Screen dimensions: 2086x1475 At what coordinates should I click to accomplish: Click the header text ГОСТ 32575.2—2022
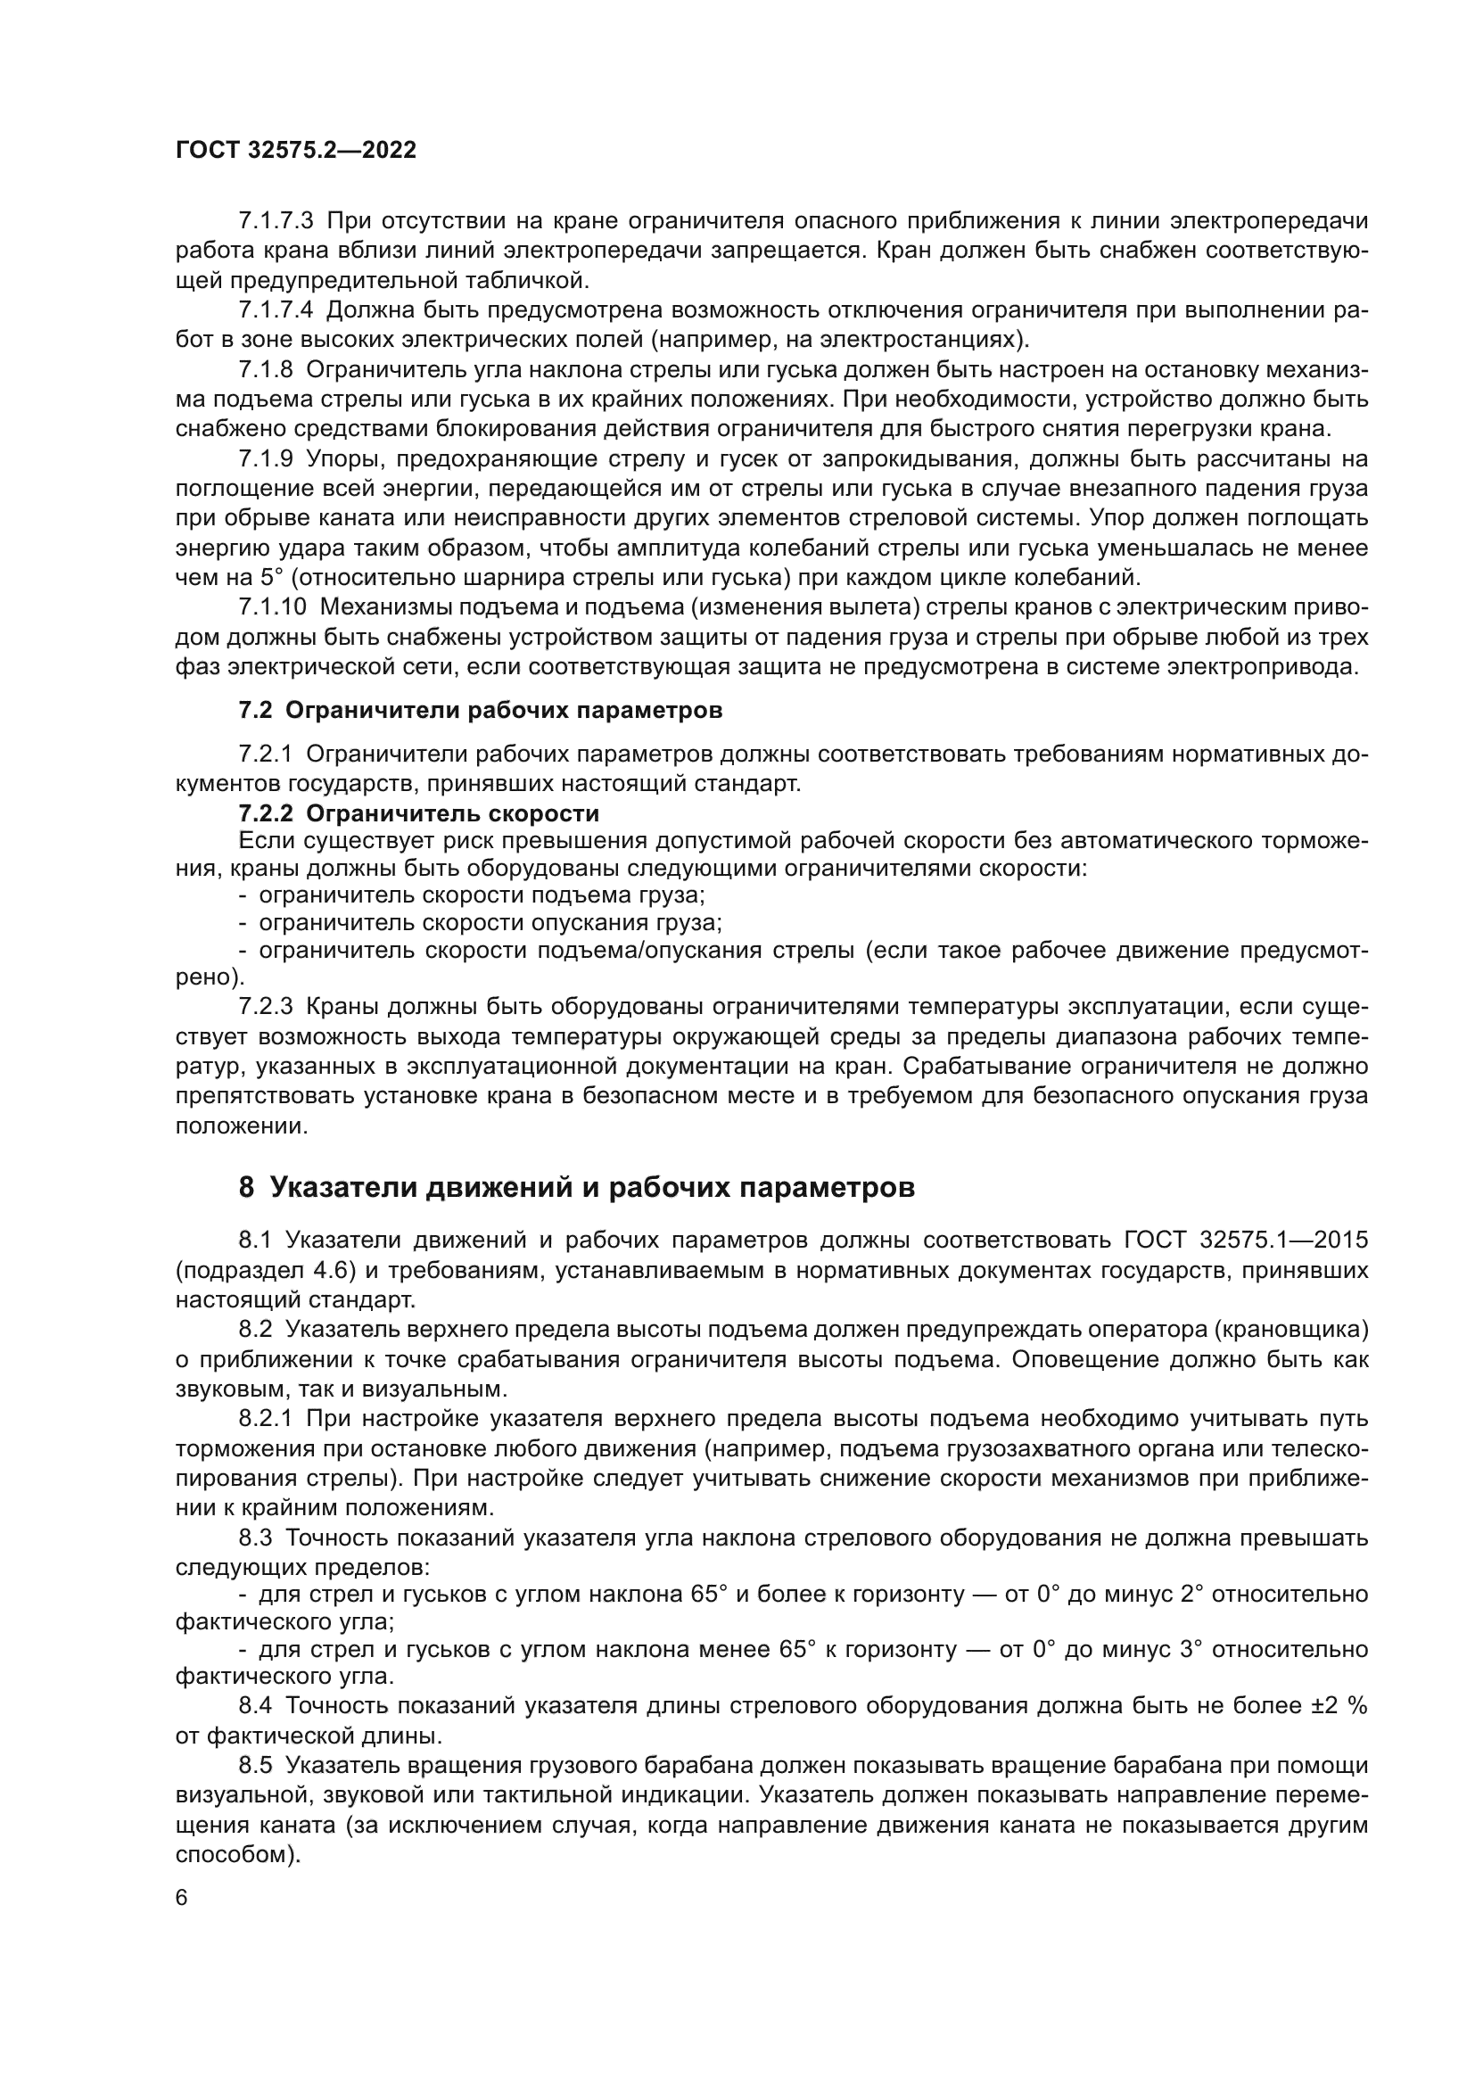point(295,151)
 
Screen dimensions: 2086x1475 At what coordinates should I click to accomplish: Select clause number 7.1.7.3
point(276,221)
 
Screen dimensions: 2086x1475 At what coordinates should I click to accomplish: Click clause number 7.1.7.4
point(276,309)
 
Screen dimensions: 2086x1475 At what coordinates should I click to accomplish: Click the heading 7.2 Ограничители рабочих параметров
point(481,711)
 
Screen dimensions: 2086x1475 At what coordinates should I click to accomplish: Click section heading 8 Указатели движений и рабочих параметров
point(577,1186)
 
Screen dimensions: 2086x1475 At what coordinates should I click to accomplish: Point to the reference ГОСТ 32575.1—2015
point(1245,1241)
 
